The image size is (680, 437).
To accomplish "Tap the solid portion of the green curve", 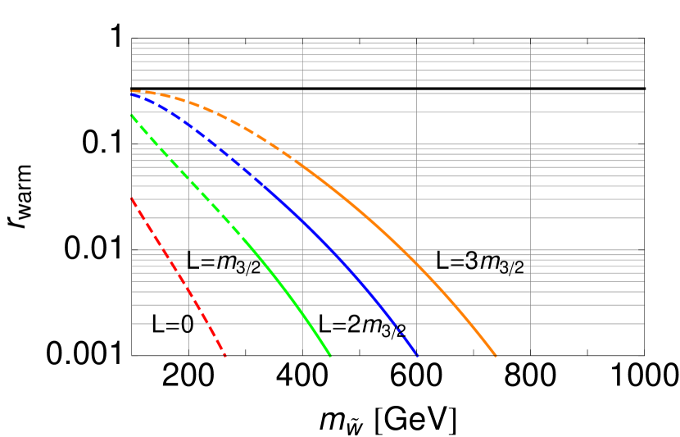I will tap(295, 296).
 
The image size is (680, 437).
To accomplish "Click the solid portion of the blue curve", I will tap(328, 247).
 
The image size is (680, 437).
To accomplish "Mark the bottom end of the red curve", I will tap(225, 355).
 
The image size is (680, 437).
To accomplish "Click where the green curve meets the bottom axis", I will tap(330, 355).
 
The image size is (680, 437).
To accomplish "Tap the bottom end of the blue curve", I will tap(418, 356).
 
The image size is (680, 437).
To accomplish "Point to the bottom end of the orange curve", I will tap(496, 355).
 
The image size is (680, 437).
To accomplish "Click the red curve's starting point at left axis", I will tap(132, 198).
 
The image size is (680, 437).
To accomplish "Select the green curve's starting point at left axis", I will tap(132, 116).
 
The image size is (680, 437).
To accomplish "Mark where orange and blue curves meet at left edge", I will tap(132, 92).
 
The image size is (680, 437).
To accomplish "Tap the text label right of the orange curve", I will tap(479, 262).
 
